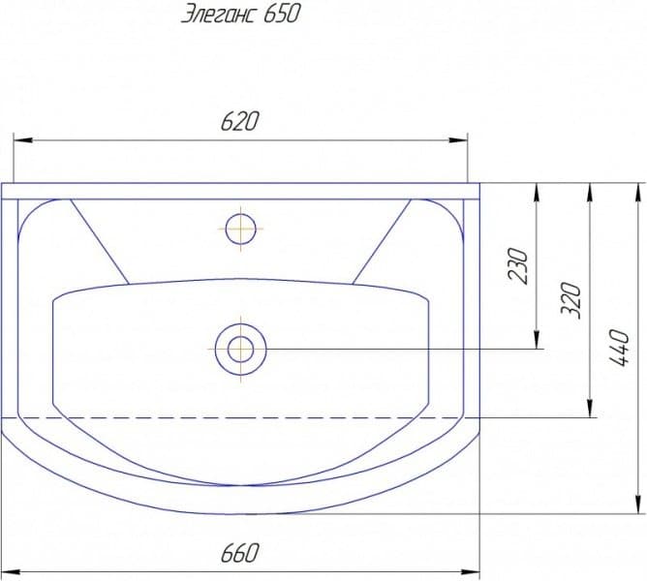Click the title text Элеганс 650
pos(240,15)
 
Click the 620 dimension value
pos(240,121)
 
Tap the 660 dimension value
pos(240,553)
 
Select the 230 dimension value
pos(518,265)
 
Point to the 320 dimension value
pos(571,300)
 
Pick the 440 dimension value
pos(619,348)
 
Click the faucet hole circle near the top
pos(241,229)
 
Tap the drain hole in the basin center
pos(241,350)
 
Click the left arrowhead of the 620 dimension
pos(23,140)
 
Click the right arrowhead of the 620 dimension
pos(458,140)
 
